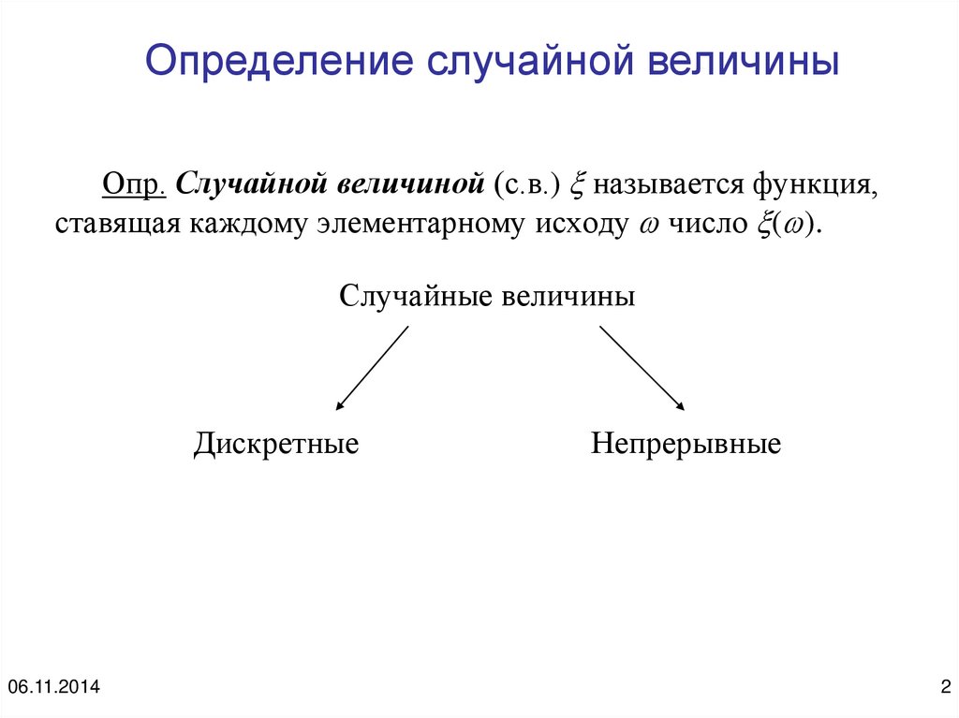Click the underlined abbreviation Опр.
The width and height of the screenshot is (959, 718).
(x=135, y=183)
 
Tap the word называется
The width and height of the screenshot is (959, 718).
(x=665, y=184)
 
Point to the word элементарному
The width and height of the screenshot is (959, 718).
(x=412, y=226)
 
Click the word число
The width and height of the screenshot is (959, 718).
(x=701, y=226)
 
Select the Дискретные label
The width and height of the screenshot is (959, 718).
(x=276, y=443)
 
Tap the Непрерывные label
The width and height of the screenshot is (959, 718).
(x=686, y=443)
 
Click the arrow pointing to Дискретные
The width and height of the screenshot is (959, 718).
(x=372, y=368)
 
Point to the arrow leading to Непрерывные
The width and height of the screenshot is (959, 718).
(x=642, y=368)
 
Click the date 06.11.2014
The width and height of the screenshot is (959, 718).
(x=53, y=688)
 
